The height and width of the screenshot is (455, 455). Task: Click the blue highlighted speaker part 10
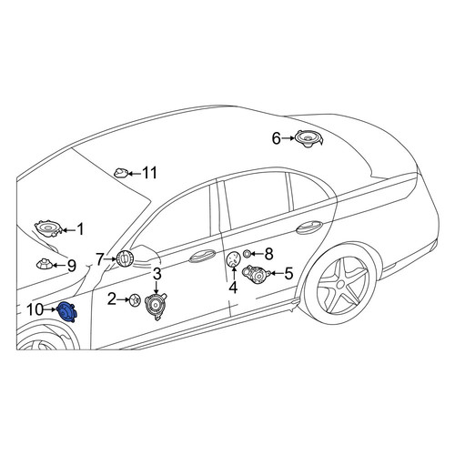(x=67, y=311)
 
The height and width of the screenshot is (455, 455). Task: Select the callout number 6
(x=277, y=138)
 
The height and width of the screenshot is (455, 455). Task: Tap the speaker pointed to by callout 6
(x=308, y=138)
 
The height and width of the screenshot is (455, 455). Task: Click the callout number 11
(x=149, y=173)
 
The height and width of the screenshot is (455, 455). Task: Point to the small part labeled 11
(x=122, y=173)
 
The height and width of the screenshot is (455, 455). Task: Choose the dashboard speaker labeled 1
(x=48, y=228)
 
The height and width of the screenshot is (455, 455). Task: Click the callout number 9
(x=72, y=266)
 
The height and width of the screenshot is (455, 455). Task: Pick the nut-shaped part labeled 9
(x=45, y=264)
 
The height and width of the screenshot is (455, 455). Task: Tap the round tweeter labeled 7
(x=124, y=258)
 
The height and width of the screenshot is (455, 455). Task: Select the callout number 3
(x=157, y=274)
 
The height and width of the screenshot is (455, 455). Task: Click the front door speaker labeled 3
(x=156, y=307)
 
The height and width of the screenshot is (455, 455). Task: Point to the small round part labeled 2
(x=135, y=300)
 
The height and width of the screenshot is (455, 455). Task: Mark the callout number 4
(x=233, y=288)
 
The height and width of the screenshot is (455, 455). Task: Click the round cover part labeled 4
(x=234, y=259)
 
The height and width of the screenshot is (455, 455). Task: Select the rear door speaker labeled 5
(x=257, y=274)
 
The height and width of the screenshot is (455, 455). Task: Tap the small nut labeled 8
(x=248, y=253)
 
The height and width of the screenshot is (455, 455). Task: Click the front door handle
(x=202, y=257)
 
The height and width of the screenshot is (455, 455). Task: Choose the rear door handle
(x=309, y=227)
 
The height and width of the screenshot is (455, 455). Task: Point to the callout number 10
(x=35, y=309)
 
